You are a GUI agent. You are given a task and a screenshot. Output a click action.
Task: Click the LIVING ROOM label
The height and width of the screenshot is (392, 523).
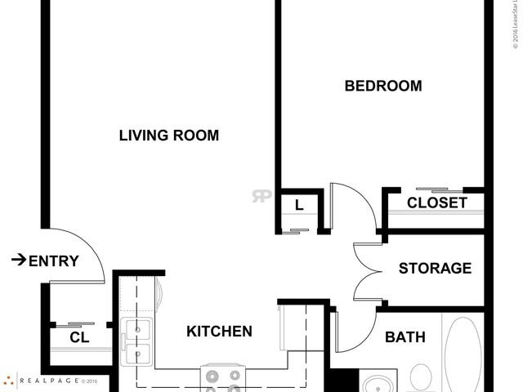pos(169,136)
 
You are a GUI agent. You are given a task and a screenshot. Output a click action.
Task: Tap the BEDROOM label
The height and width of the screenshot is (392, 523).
pos(383,86)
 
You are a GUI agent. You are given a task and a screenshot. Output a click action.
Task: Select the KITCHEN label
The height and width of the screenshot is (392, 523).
pos(219,332)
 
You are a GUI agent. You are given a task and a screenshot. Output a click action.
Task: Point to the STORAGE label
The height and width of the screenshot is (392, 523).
pos(435,268)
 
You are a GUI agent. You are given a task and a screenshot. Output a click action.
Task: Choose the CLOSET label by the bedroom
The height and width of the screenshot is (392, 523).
pos(437,203)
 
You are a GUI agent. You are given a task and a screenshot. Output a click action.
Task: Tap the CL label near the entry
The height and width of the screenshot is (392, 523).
pos(79,337)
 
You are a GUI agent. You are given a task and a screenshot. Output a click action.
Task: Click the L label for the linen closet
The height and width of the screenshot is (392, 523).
pos(299,206)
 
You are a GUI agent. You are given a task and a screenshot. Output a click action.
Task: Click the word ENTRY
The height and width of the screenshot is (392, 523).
pos(54,261)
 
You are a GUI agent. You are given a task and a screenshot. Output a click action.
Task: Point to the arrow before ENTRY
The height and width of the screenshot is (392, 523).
pos(17,261)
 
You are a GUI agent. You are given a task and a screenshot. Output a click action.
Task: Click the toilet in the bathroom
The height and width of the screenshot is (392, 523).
pos(420,376)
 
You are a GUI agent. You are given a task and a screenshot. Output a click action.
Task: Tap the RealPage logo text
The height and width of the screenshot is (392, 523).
pos(49,381)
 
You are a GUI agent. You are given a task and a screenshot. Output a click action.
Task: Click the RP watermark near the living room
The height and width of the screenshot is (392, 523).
pos(261,196)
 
